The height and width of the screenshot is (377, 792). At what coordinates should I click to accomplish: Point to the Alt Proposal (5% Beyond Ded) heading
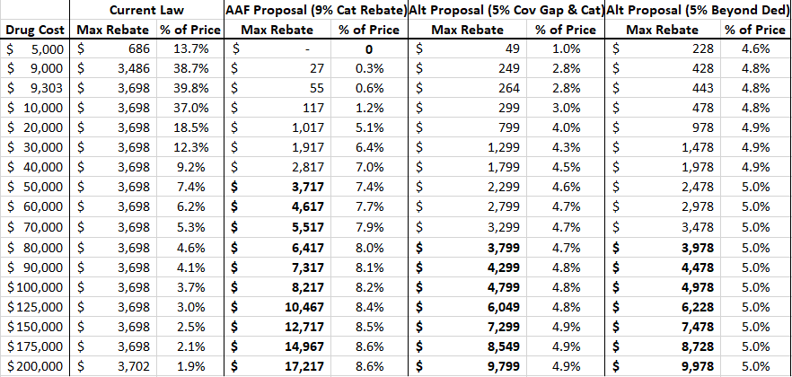click(698, 11)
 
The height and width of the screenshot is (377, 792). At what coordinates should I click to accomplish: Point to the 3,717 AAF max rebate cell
click(305, 187)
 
